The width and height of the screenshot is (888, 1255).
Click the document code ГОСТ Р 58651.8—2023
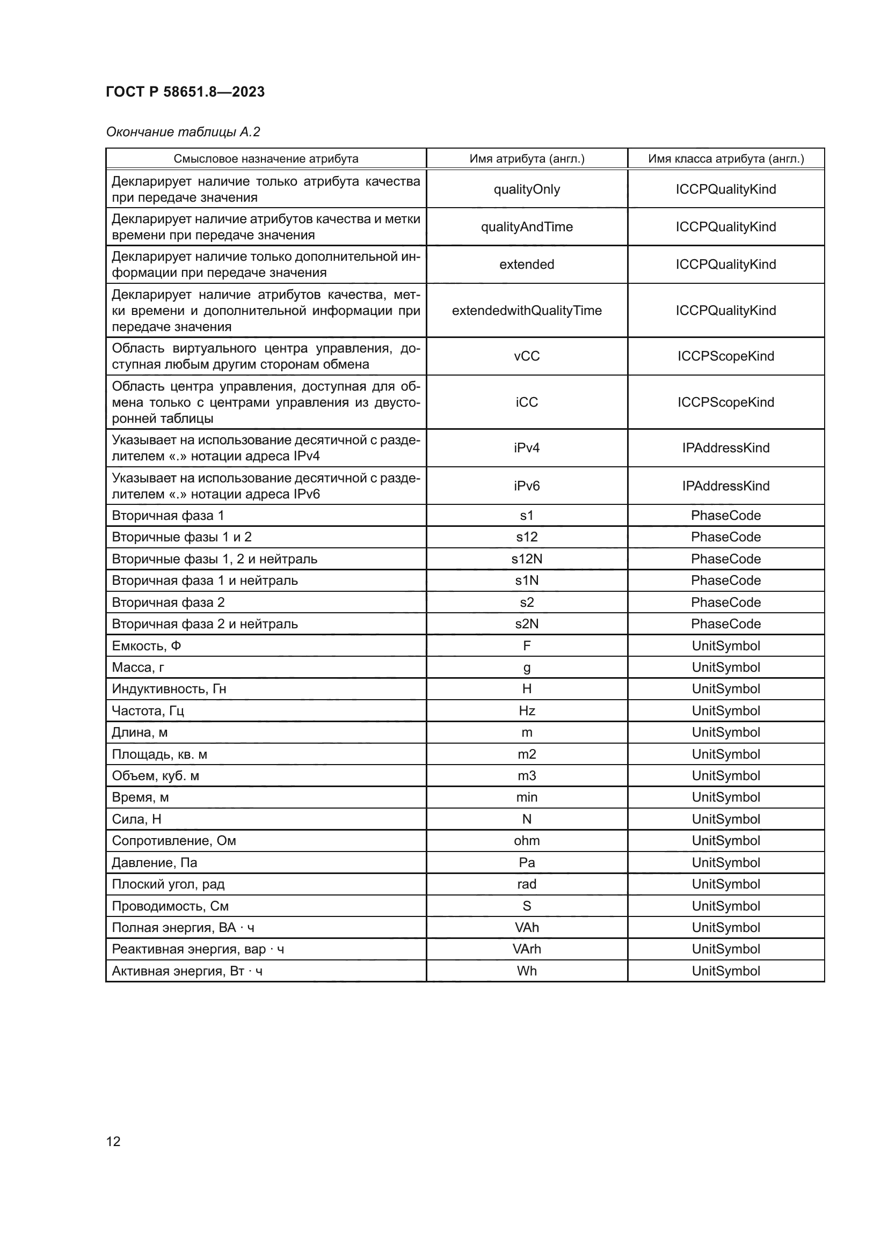point(185,92)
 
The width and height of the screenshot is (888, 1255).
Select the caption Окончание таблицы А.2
point(183,132)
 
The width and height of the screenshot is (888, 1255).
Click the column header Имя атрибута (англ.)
point(527,158)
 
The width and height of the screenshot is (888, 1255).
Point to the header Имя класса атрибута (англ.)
point(726,158)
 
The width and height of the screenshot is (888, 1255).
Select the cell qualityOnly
point(527,189)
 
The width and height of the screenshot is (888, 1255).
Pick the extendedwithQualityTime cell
point(527,311)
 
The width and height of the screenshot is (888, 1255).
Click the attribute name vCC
point(527,356)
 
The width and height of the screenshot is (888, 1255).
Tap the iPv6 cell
point(527,486)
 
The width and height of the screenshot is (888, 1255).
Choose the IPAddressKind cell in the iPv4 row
point(726,447)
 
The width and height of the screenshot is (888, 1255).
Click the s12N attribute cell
point(527,559)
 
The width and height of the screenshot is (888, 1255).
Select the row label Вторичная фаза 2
point(169,603)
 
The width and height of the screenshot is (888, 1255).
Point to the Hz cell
point(527,710)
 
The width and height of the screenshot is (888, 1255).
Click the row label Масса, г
point(139,667)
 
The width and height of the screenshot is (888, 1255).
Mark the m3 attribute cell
point(527,776)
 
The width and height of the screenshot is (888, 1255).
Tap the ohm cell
point(527,841)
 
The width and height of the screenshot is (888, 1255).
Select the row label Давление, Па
point(155,863)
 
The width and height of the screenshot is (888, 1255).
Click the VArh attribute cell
point(527,949)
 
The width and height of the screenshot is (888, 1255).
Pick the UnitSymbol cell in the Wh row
point(726,971)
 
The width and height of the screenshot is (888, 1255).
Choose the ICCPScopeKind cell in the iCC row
point(726,402)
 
